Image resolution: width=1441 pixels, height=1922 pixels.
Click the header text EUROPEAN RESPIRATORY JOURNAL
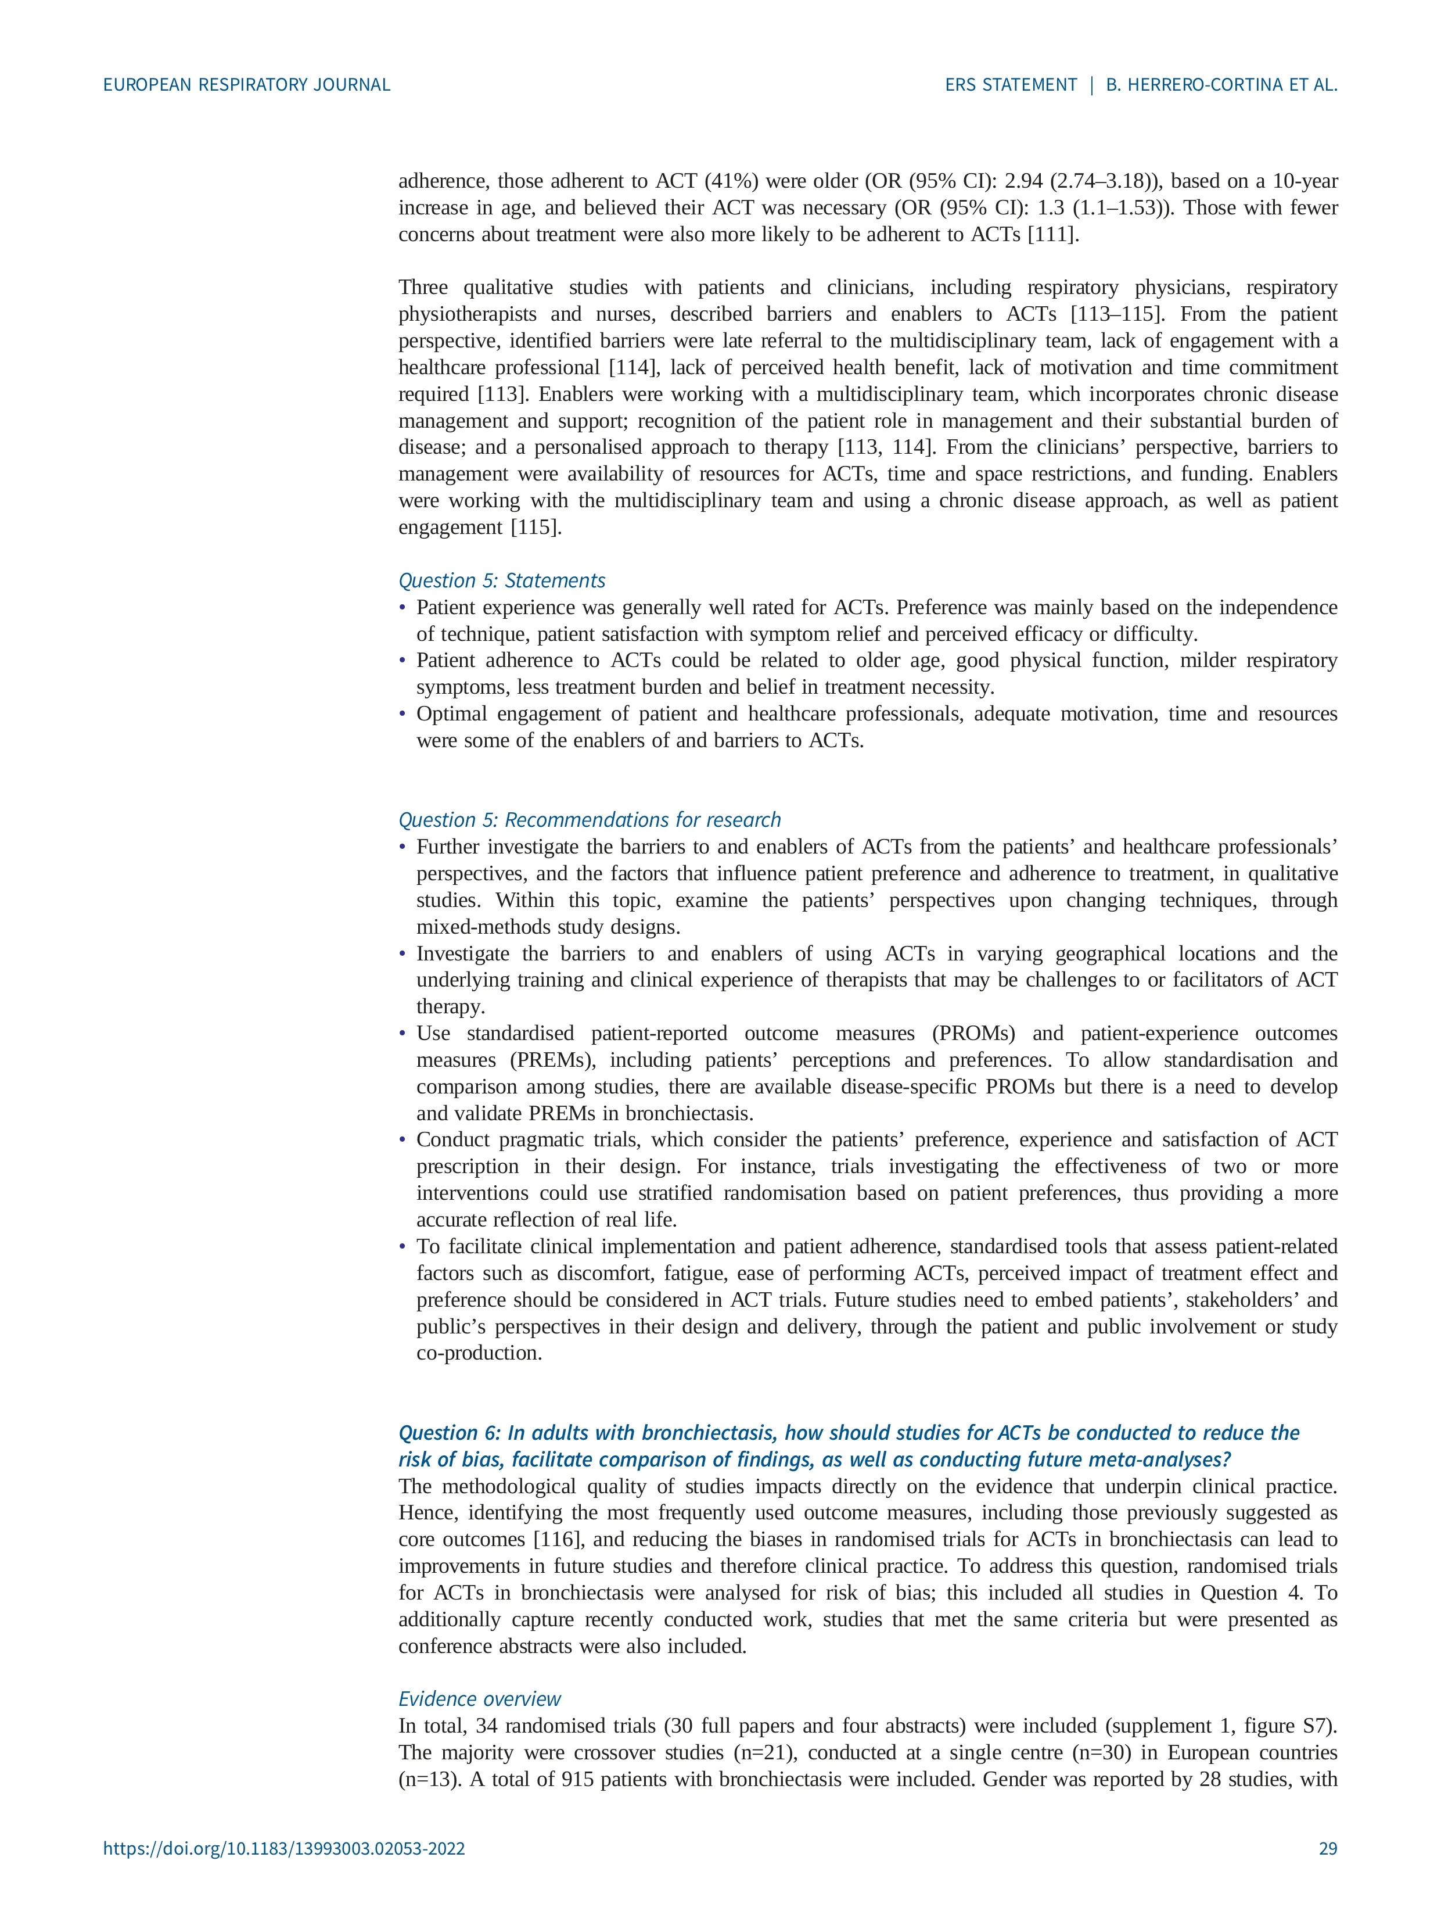click(247, 85)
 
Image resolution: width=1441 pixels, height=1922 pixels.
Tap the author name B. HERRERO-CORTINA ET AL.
click(1221, 85)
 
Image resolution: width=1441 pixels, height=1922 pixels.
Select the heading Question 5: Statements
click(501, 580)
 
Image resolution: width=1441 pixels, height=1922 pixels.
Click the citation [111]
click(1053, 235)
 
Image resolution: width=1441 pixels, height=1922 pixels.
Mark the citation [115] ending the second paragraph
click(535, 528)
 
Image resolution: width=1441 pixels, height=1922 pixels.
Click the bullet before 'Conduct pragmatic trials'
click(402, 1140)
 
